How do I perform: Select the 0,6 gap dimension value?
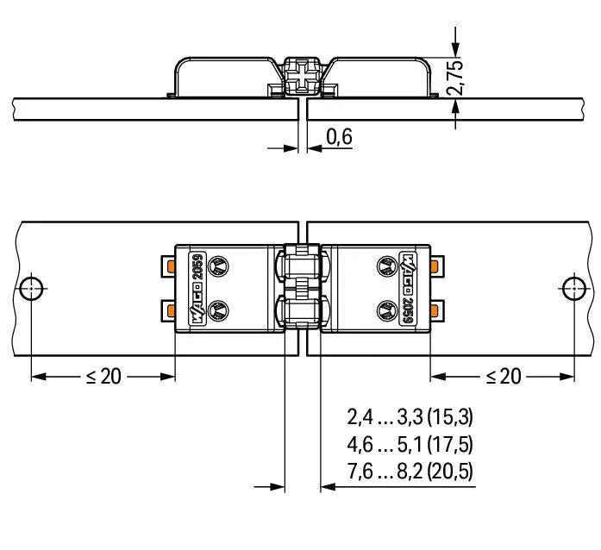coord(340,137)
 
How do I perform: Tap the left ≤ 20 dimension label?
coord(103,377)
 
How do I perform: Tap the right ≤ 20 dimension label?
coord(503,377)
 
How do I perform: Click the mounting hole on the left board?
coord(31,286)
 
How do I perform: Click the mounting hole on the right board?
coord(571,286)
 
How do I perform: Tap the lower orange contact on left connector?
coord(171,309)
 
